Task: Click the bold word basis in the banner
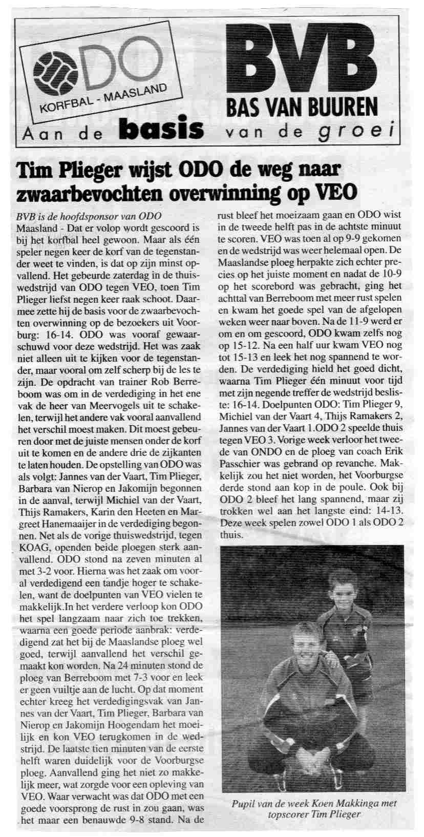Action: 160,130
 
